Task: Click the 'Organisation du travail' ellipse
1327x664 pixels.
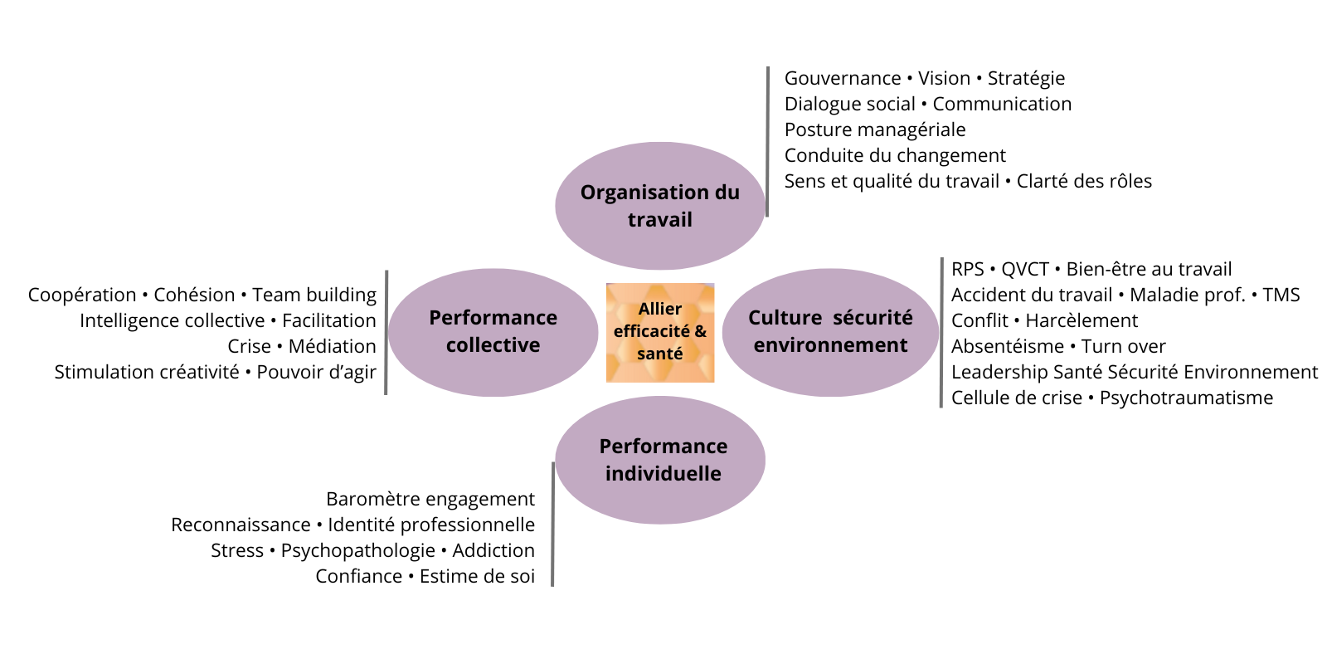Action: (659, 206)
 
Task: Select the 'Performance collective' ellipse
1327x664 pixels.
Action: (493, 332)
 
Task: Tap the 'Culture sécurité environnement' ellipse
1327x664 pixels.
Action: (830, 332)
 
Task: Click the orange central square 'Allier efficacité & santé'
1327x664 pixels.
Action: (660, 332)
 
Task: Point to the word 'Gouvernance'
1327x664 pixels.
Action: (842, 78)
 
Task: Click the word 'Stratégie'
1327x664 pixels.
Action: (1026, 78)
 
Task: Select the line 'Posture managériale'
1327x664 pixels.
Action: (875, 129)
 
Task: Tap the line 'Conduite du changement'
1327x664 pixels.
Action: (895, 155)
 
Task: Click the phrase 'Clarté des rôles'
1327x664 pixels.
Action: (1084, 181)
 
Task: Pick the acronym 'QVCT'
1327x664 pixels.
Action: (1024, 269)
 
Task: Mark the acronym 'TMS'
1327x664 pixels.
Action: (1281, 295)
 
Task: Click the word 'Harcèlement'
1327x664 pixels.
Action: (1082, 320)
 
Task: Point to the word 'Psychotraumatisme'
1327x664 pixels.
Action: (1186, 398)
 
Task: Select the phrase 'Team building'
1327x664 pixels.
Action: (314, 295)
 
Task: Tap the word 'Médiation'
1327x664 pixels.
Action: (332, 346)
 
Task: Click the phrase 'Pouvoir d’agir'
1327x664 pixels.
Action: (316, 372)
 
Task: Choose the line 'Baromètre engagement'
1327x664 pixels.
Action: (430, 499)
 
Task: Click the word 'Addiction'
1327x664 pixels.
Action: (493, 550)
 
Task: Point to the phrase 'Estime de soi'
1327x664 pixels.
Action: (477, 576)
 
